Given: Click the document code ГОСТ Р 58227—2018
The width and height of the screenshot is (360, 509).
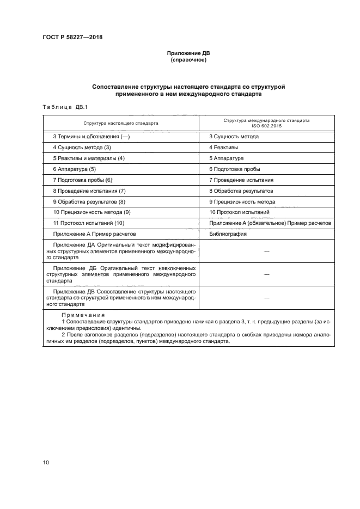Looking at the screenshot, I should click(x=72, y=37).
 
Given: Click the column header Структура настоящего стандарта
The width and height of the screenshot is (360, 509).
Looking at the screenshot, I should click(x=121, y=123).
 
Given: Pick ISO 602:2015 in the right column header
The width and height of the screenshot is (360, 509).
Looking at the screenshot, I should click(x=266, y=126).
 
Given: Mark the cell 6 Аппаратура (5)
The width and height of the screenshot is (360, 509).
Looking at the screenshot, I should click(x=74, y=169).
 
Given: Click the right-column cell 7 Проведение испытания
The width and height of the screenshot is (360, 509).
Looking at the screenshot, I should click(x=241, y=180).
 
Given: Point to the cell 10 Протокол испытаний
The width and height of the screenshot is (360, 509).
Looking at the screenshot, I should click(x=239, y=212).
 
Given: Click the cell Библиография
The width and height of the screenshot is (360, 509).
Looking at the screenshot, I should click(x=228, y=234).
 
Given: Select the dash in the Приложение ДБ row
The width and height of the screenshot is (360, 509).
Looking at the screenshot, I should click(x=267, y=275).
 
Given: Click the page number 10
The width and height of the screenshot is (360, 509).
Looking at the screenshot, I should click(x=46, y=462).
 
